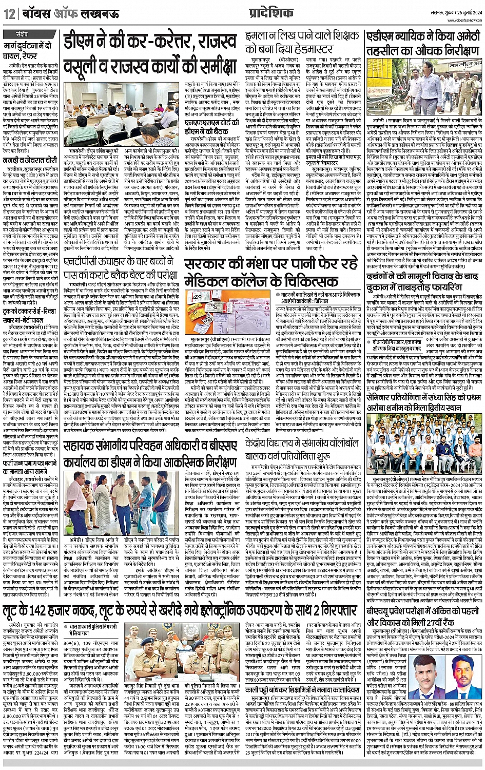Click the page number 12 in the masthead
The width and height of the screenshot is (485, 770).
(x=9, y=14)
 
